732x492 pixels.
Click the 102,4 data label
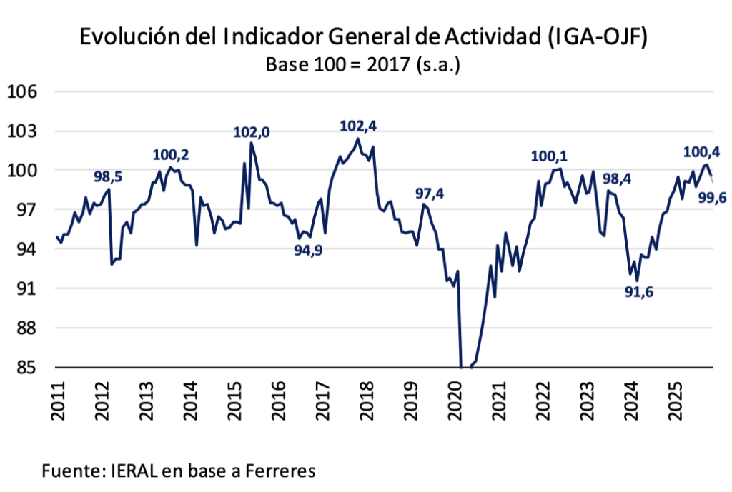tap(357, 126)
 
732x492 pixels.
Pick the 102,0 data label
tap(252, 131)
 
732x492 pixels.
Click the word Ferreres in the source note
tap(281, 471)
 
